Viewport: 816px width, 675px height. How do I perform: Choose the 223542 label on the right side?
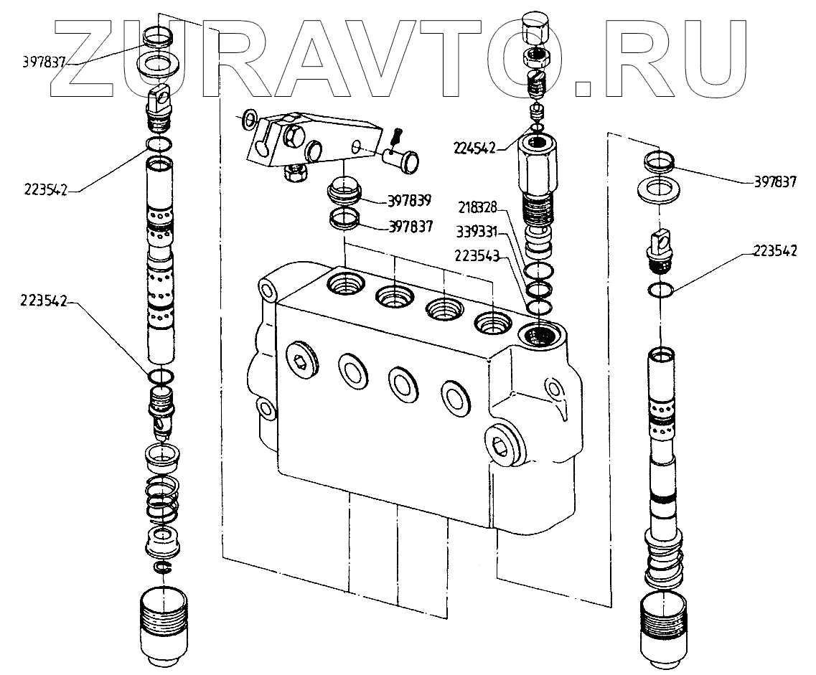[x=775, y=250]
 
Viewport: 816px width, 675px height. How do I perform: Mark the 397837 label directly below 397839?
[x=410, y=227]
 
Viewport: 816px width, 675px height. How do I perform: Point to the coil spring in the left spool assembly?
[x=164, y=499]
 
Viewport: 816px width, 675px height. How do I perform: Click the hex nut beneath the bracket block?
[x=296, y=173]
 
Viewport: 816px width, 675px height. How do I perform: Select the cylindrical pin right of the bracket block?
[x=403, y=155]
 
